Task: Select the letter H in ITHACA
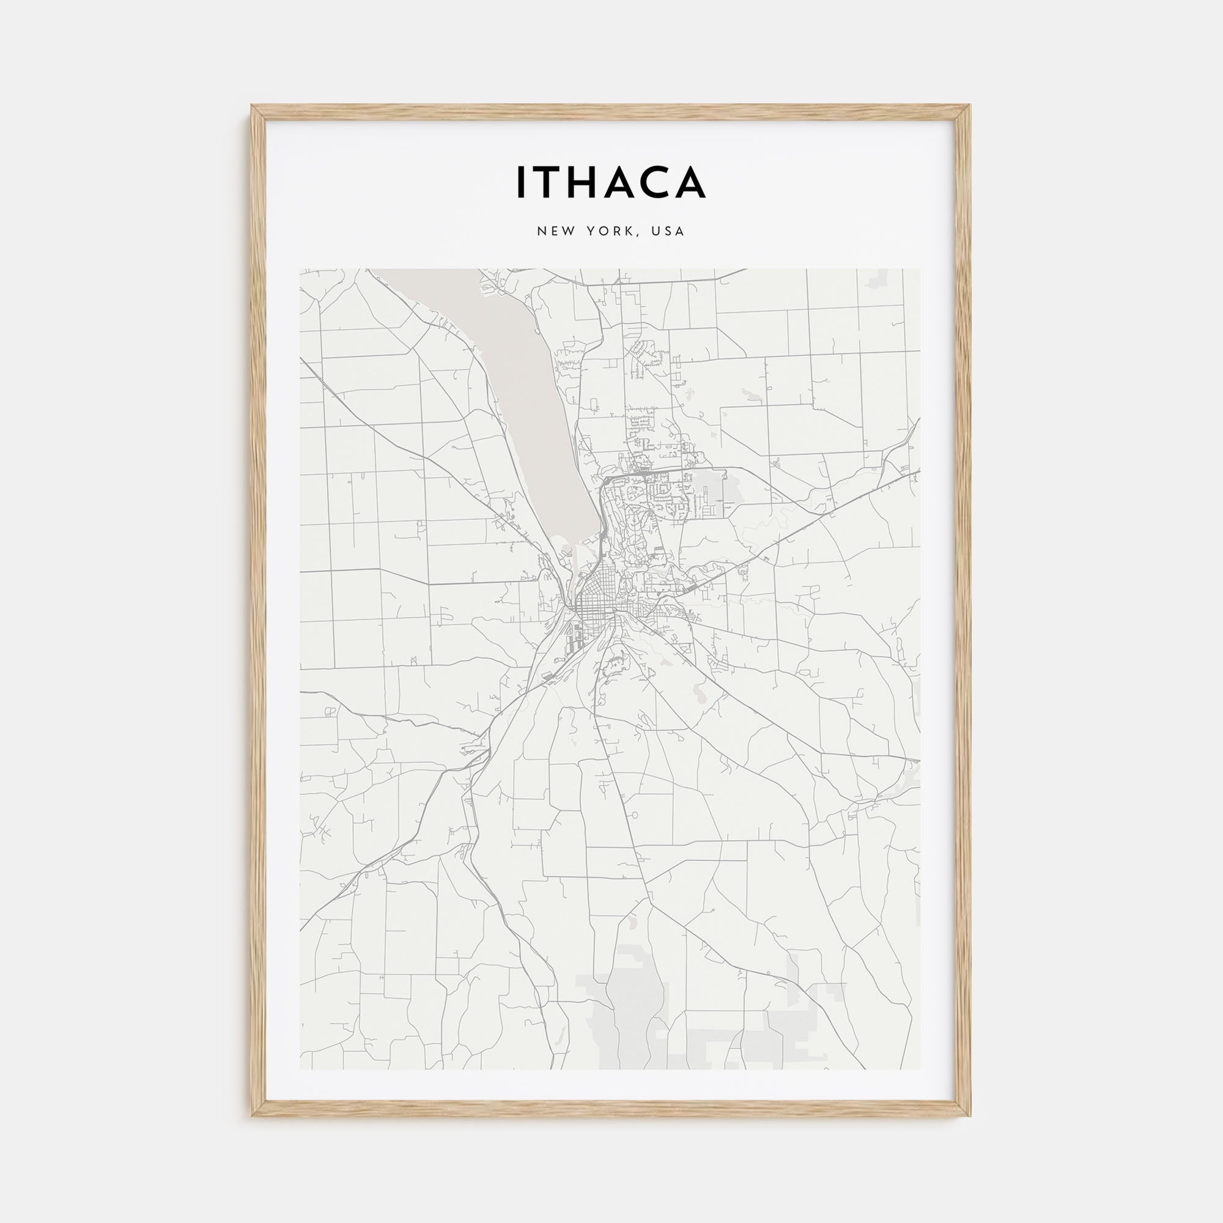587,182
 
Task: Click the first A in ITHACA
623,182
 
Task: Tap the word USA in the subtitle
671,231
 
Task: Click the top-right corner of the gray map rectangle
920,269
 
